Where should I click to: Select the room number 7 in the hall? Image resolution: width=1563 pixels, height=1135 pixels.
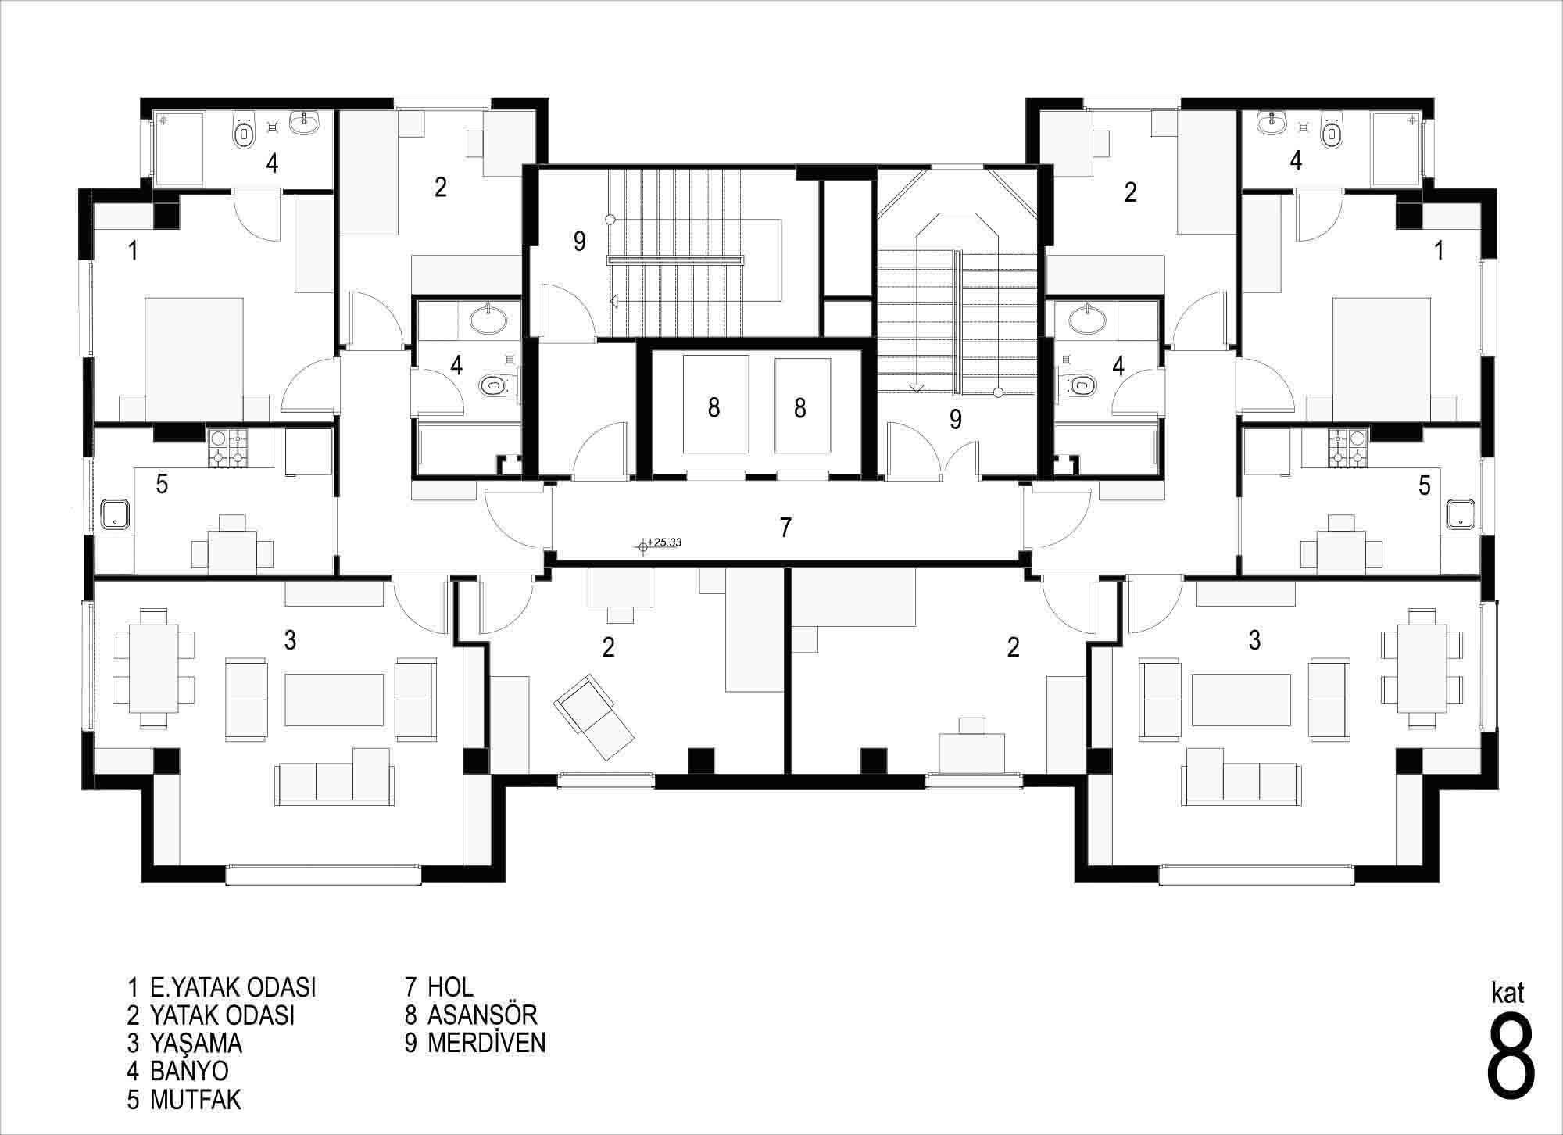click(x=785, y=528)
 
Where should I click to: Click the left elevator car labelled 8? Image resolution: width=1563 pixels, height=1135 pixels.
click(x=716, y=404)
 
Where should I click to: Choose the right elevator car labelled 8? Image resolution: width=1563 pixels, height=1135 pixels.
click(x=802, y=405)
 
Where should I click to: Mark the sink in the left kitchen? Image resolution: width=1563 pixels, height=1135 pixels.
click(x=117, y=513)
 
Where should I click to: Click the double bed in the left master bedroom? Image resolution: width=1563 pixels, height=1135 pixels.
click(x=194, y=360)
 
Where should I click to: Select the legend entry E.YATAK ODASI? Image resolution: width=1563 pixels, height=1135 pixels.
click(x=222, y=986)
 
